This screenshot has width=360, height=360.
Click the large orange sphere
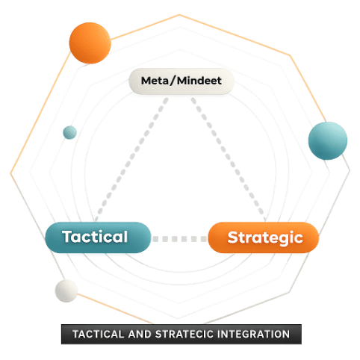point(90,43)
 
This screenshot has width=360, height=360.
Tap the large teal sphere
point(328,140)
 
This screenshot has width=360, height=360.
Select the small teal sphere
point(69,132)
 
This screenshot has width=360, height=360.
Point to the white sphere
point(66,291)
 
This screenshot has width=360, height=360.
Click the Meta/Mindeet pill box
point(181,81)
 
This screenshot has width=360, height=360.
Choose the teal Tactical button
point(98,238)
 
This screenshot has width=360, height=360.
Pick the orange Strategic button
point(264,238)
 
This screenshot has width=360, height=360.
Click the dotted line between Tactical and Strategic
point(179,239)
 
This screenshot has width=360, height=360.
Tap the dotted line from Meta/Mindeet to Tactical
point(131,159)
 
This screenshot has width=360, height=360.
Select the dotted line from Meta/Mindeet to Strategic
point(229,159)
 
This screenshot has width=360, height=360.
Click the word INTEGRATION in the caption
point(253,334)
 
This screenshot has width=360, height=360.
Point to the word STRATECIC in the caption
point(184,334)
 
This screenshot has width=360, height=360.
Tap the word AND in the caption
point(140,334)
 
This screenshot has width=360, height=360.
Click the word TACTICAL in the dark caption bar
point(98,334)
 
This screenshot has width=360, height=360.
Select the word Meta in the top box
point(155,81)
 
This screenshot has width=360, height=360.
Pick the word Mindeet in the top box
point(199,81)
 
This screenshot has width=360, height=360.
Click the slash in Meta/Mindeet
point(173,81)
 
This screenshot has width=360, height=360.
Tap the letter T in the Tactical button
point(67,236)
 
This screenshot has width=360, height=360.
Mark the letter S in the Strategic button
point(233,238)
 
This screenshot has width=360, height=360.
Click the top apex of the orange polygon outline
point(179,15)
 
